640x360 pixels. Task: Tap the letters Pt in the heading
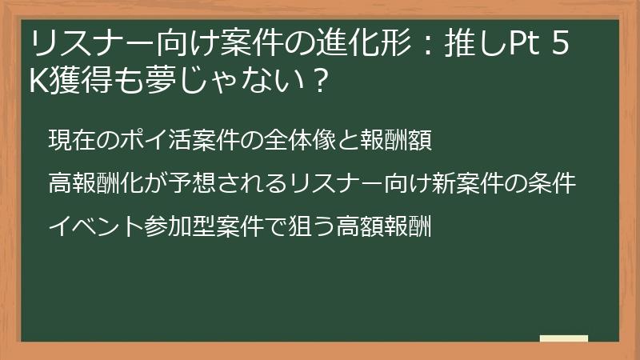pos(519,42)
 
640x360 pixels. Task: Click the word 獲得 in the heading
pos(77,80)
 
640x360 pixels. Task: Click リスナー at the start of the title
pos(80,42)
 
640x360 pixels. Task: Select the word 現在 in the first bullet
pos(70,139)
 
